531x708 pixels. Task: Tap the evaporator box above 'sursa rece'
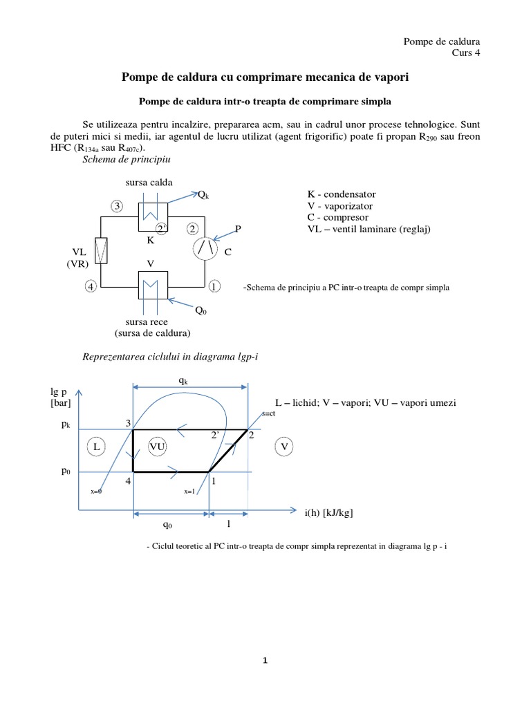click(x=149, y=283)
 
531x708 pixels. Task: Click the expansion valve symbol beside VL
click(x=101, y=250)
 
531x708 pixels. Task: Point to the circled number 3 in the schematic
click(x=118, y=206)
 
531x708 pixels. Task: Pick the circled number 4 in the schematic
click(x=91, y=286)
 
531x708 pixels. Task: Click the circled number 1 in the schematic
click(x=214, y=286)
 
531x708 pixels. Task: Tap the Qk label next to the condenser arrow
click(x=203, y=195)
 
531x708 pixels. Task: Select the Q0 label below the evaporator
click(x=201, y=310)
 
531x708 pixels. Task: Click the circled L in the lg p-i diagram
click(x=97, y=448)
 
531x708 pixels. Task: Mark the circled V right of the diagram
click(x=284, y=447)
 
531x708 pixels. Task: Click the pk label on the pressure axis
click(x=66, y=426)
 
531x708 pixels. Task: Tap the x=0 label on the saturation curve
click(x=97, y=491)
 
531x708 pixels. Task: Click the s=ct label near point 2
click(x=269, y=413)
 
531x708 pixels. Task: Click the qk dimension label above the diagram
click(x=183, y=380)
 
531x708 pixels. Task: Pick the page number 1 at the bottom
click(x=265, y=661)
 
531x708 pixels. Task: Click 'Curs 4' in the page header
click(x=466, y=53)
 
